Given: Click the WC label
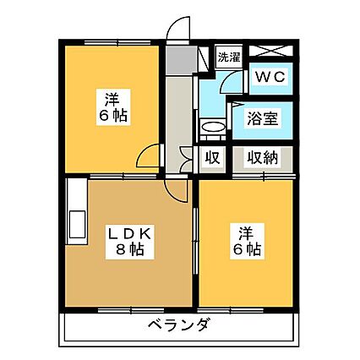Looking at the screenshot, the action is (x=270, y=77).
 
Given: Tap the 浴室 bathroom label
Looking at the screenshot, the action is (x=263, y=118).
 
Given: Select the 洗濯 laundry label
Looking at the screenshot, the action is (x=229, y=57).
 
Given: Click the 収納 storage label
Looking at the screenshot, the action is (x=263, y=158).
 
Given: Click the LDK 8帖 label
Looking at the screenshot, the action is (x=130, y=242).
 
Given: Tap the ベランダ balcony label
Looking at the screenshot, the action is (x=178, y=325).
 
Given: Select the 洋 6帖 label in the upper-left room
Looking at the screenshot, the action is (x=113, y=107).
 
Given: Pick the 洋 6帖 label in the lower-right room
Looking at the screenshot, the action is (x=246, y=242).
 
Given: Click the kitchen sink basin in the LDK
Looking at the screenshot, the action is (x=77, y=225).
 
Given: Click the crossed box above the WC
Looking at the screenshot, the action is (x=271, y=51).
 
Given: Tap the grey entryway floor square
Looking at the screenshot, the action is (x=181, y=60).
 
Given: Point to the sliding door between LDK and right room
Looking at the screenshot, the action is (x=195, y=242).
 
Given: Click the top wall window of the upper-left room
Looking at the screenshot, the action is (x=117, y=43).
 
